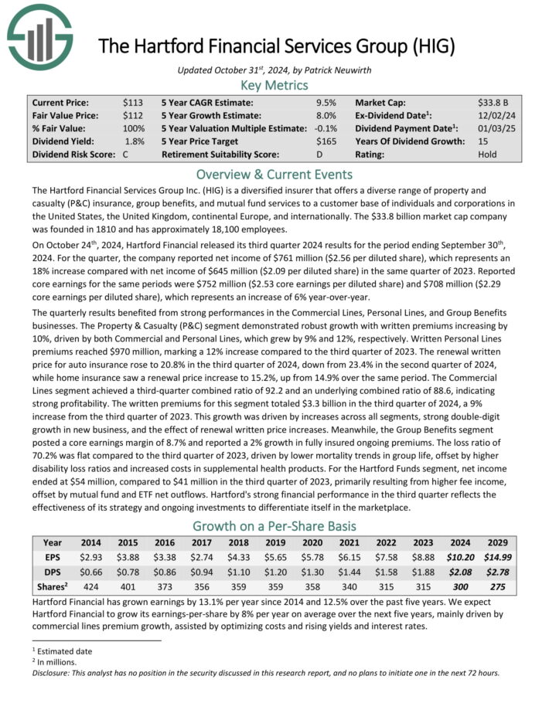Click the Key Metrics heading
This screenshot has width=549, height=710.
(x=274, y=85)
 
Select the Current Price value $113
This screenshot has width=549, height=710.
(x=133, y=102)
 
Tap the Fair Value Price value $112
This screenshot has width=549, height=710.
(x=133, y=115)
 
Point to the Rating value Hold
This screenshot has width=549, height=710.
(x=489, y=155)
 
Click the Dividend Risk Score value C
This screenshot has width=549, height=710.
(x=126, y=155)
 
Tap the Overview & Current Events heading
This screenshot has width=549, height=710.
(x=274, y=174)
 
